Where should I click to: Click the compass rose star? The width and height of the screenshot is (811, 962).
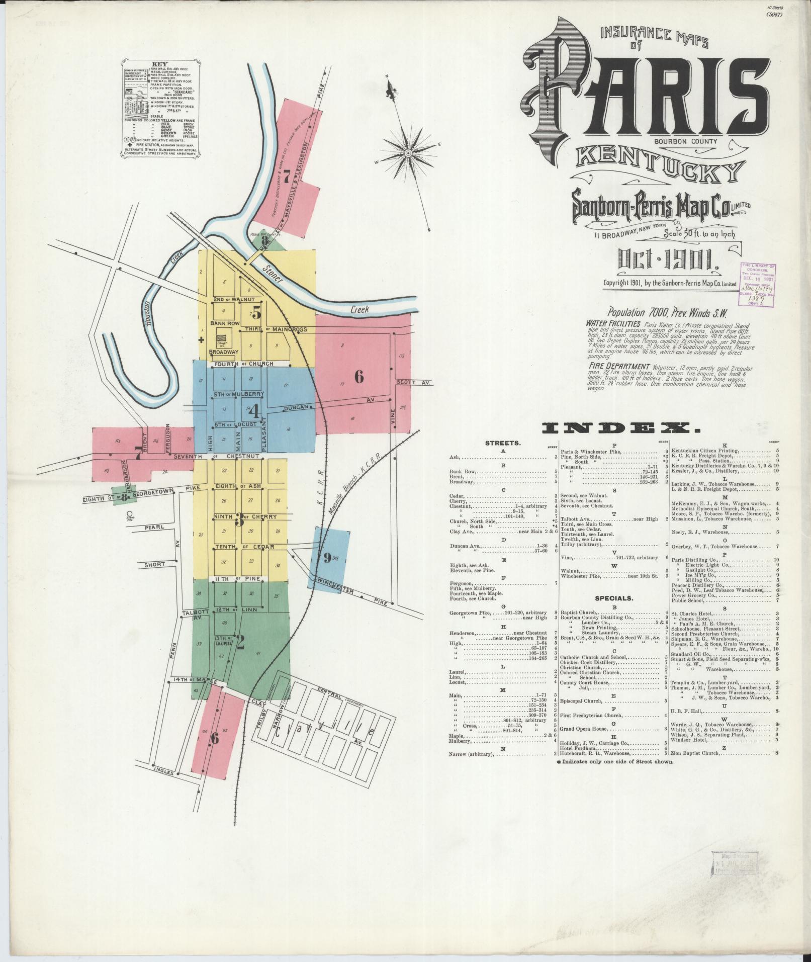tap(406, 151)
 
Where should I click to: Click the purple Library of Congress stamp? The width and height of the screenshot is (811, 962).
tap(757, 284)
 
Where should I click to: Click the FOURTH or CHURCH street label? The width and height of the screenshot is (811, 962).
tap(243, 364)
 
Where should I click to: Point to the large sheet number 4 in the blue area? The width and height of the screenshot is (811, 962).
tap(253, 411)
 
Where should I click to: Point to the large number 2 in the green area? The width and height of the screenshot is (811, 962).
tap(240, 642)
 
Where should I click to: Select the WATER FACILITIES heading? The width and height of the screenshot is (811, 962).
tap(613, 323)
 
